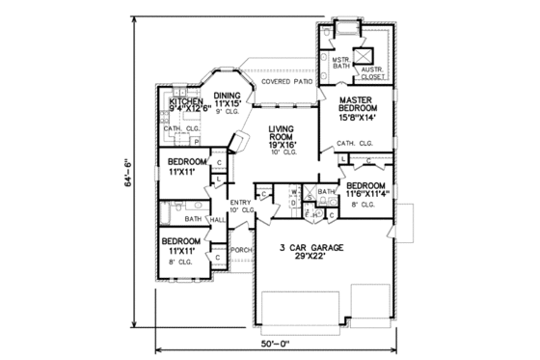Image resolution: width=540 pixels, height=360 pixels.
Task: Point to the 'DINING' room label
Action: pos(229,69)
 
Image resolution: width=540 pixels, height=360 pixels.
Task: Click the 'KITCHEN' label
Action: pos(186,99)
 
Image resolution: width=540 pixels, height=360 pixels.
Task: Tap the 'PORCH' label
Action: pos(240,249)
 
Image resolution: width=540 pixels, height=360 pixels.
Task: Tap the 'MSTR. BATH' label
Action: pos(339,63)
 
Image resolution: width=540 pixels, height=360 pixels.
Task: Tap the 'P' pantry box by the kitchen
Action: pos(199,141)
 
